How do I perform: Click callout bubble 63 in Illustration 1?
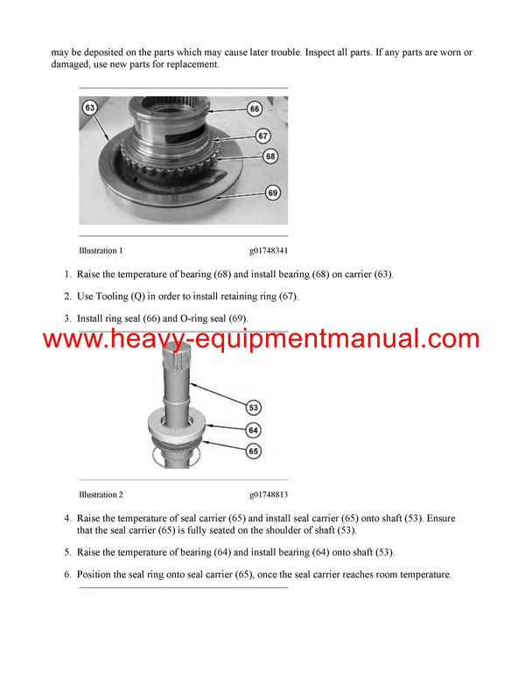pyautogui.click(x=89, y=108)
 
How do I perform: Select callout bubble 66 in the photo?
pyautogui.click(x=255, y=109)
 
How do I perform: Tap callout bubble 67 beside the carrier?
pyautogui.click(x=263, y=136)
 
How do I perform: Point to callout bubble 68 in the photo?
pyautogui.click(x=270, y=156)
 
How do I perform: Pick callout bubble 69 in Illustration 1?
pyautogui.click(x=272, y=192)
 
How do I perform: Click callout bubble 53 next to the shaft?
pyautogui.click(x=254, y=408)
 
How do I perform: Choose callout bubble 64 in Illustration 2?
pyautogui.click(x=254, y=430)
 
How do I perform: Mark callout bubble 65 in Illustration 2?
pyautogui.click(x=254, y=451)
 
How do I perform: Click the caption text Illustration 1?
pyautogui.click(x=101, y=250)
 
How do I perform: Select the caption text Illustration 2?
pyautogui.click(x=101, y=494)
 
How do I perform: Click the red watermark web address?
pyautogui.click(x=260, y=339)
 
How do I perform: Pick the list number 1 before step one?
pyautogui.click(x=67, y=274)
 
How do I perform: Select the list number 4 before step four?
pyautogui.click(x=67, y=518)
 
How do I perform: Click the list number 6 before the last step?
pyautogui.click(x=67, y=575)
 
